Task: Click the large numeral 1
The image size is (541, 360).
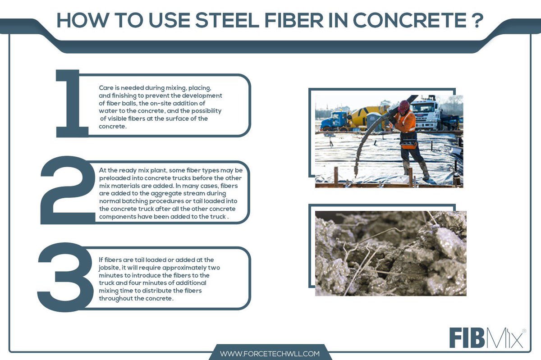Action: click(x=70, y=104)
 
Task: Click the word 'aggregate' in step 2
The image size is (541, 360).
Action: click(x=153, y=193)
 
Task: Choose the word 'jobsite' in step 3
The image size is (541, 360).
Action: click(x=110, y=267)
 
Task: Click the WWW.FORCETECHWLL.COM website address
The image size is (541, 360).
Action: click(x=270, y=354)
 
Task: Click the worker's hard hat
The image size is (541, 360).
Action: click(x=403, y=106)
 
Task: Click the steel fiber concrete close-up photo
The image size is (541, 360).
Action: click(x=390, y=253)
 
